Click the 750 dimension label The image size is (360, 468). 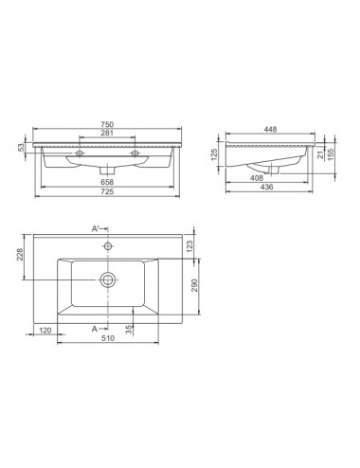coord(107,124)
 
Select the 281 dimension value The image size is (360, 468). coord(107,133)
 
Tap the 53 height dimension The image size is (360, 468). coord(21,148)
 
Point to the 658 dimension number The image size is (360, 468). coord(107,182)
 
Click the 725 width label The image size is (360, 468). coord(107,191)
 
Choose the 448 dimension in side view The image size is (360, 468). coord(271,129)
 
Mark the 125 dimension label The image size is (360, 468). coord(214,154)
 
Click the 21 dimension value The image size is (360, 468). coord(320,154)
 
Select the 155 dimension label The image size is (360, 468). coord(331,154)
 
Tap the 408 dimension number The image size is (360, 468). coord(257,178)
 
